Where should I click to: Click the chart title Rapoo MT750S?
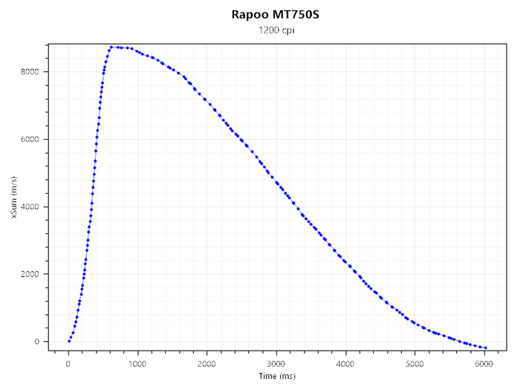(275, 14)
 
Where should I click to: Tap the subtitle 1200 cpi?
(275, 30)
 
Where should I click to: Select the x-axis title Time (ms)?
(276, 377)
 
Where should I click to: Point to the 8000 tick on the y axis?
(31, 72)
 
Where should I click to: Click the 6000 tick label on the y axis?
(31, 140)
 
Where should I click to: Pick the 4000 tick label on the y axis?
(31, 207)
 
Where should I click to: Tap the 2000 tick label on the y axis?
(31, 275)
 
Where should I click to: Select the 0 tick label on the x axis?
(68, 364)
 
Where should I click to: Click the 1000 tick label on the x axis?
(137, 364)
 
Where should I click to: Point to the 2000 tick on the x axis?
(207, 364)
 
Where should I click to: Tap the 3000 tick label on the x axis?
(276, 364)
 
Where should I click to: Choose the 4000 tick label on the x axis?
(345, 364)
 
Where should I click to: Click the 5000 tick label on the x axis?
(415, 364)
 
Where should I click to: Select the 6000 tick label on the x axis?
(484, 364)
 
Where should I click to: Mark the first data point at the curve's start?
(69, 342)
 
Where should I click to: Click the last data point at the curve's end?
(485, 348)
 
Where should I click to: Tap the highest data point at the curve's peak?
(111, 47)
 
